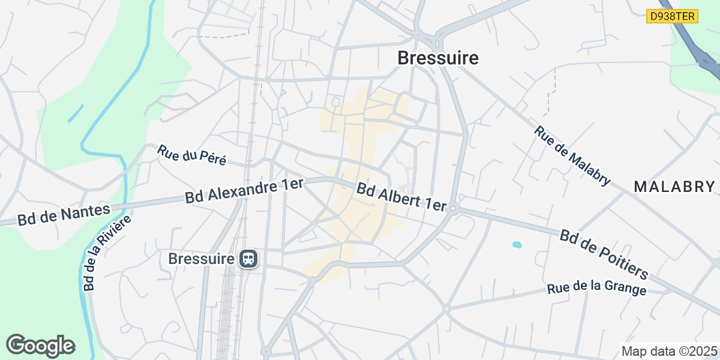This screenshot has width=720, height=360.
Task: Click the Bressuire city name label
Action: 438,58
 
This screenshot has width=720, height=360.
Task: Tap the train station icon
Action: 248,259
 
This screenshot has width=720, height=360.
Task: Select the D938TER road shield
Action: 673,16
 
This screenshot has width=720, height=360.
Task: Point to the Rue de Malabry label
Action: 572,155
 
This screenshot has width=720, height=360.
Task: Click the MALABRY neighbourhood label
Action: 675,187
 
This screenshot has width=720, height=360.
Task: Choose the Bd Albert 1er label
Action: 401,197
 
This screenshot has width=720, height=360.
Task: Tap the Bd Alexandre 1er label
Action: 245,191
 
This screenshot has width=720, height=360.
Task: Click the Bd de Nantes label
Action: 64,214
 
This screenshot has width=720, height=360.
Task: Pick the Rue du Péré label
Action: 192,155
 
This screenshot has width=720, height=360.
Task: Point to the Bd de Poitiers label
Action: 604,254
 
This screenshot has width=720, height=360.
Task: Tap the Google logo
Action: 41,346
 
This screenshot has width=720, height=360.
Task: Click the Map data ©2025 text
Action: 669,351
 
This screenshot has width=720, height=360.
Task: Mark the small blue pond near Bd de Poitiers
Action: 516,245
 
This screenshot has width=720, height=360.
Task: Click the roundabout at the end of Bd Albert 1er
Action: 454,209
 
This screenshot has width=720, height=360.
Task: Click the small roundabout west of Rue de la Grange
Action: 446,309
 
